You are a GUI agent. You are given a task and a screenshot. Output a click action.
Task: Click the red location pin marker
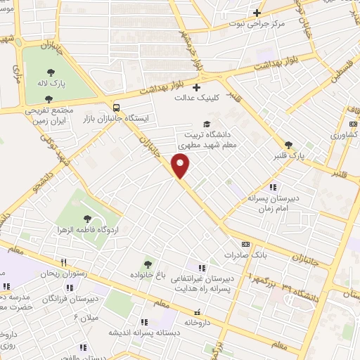click(181, 166)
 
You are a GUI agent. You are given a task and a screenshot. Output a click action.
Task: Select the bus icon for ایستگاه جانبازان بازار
click(116, 108)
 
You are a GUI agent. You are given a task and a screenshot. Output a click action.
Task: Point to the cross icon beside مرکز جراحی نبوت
click(257, 13)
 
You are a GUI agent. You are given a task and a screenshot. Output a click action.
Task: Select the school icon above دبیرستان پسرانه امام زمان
click(273, 187)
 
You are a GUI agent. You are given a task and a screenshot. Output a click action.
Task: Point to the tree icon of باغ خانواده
click(147, 264)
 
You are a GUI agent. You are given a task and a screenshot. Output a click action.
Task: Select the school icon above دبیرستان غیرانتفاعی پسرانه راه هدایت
click(202, 268)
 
